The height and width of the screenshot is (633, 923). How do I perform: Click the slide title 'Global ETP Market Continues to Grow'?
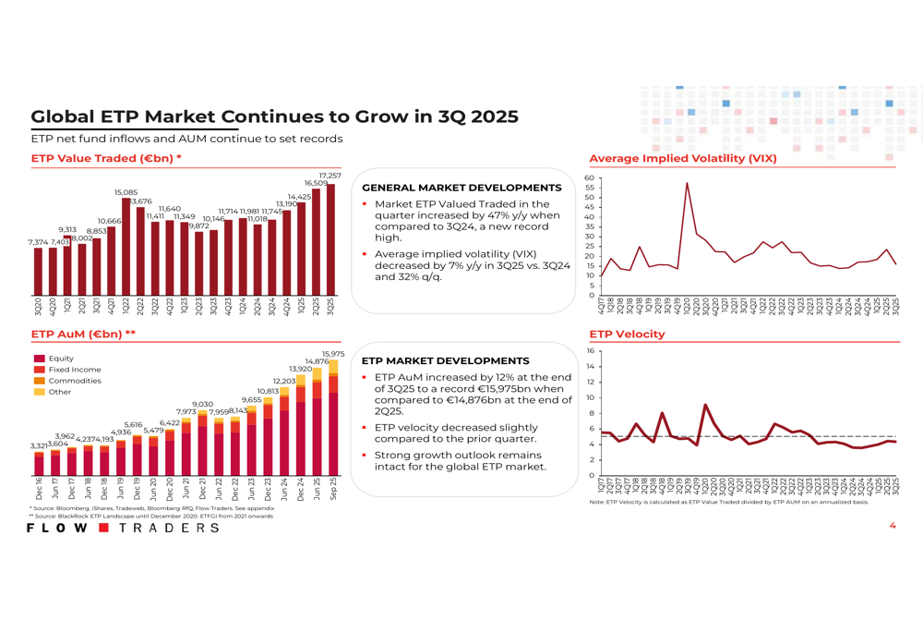click(x=274, y=117)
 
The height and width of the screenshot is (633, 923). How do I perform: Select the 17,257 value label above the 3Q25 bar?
click(x=330, y=176)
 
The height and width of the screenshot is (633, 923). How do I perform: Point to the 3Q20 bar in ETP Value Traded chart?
click(x=38, y=269)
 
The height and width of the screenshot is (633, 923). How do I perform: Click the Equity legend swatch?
click(x=39, y=359)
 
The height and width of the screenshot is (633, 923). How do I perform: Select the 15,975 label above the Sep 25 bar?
click(x=332, y=354)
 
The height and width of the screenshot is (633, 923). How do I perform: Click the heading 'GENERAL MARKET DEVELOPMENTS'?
click(x=461, y=188)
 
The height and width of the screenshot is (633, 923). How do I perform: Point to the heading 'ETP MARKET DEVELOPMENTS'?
click(x=446, y=360)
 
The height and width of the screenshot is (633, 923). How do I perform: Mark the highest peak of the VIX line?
click(x=687, y=183)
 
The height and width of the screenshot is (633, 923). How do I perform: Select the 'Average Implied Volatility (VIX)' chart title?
click(x=683, y=158)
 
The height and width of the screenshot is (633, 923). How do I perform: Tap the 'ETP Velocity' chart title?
click(x=627, y=334)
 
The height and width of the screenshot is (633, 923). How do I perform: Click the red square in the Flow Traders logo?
click(x=104, y=528)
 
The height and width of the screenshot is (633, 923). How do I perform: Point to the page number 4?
click(x=893, y=526)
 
